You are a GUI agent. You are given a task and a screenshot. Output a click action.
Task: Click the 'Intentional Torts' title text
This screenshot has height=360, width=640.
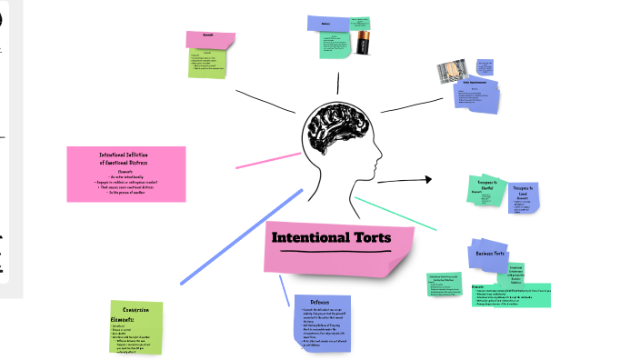pos(331,238)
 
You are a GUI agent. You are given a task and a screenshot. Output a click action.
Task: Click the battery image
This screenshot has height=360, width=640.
pos(365,44)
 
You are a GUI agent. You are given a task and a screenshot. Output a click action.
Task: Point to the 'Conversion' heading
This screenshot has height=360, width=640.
pos(136,309)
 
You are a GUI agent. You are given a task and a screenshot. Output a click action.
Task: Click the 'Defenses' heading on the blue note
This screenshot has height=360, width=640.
pos(320,302)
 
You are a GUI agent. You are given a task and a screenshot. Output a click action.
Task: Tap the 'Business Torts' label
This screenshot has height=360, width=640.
pos(491,254)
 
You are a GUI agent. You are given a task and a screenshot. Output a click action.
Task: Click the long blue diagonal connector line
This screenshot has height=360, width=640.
pos(241,235)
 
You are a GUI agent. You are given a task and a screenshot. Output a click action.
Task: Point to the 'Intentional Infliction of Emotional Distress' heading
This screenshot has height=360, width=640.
pos(126,159)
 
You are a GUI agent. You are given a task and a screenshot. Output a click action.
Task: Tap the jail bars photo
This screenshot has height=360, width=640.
pos(456,73)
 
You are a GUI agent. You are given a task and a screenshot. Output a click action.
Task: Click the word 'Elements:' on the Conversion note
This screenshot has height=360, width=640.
pos(123,320)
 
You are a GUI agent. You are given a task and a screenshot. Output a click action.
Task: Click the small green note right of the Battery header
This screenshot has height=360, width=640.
pos(359,22)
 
